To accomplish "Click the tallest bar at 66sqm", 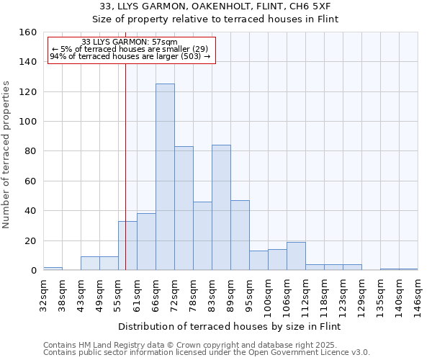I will pos(165,177).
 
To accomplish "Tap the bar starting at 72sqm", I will pos(184,208).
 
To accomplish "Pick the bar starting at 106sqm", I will pos(296,256).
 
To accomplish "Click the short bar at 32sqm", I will pos(53,269).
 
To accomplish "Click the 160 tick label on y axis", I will pos(27,32).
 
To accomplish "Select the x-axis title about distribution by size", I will pos(229,326).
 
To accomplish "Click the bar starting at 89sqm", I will pos(240,235).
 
